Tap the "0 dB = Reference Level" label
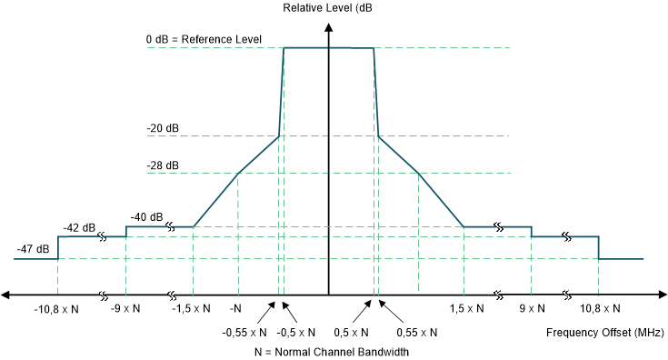(204, 40)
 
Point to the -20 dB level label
(163, 129)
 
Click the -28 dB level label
(163, 166)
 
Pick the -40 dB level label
(146, 217)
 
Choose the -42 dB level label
(79, 227)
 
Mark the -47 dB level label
(33, 248)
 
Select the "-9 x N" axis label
(125, 309)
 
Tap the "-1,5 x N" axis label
(192, 309)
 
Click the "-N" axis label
(235, 309)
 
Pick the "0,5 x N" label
(352, 331)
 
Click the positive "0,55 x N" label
(409, 331)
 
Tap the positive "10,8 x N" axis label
(599, 309)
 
